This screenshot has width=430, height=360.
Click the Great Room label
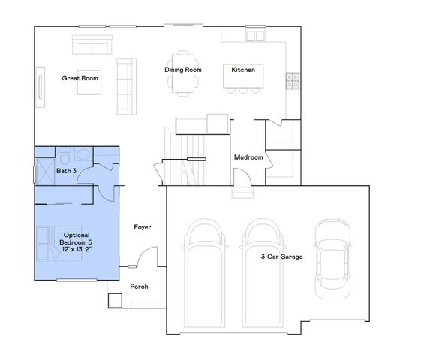[x=80, y=77]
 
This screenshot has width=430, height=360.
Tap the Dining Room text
[x=182, y=70]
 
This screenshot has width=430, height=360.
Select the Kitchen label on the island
[x=242, y=70]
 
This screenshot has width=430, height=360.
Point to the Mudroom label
[x=248, y=157]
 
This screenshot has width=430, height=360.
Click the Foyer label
[x=143, y=226]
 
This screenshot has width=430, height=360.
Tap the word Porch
[x=139, y=286]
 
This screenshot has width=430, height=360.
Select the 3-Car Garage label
[x=281, y=256]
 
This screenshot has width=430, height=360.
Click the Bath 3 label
[x=67, y=171]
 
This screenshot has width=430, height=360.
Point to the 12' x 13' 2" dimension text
[x=77, y=249]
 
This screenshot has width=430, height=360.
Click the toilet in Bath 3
[x=65, y=157]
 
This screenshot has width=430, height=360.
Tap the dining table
[x=182, y=73]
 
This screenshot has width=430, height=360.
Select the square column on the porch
[x=115, y=300]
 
